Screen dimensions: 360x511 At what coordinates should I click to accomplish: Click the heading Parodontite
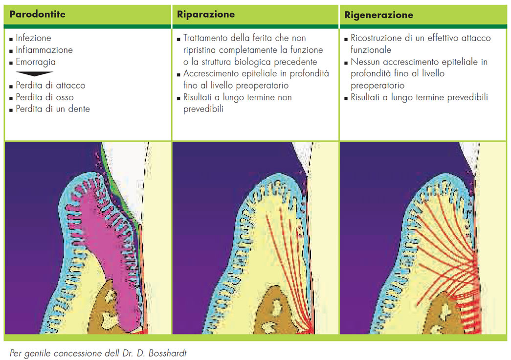point(37,14)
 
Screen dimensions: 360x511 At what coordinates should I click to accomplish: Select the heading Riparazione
point(206,14)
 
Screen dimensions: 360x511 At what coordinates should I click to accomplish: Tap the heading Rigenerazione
point(378,15)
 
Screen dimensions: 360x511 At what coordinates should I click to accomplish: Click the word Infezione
point(33,38)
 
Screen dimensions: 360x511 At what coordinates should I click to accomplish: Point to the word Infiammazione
point(44,50)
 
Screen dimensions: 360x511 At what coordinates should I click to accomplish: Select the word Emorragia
point(36,62)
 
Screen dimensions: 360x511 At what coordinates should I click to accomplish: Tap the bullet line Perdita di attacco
point(50,85)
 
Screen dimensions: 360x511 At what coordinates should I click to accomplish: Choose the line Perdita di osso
point(44,97)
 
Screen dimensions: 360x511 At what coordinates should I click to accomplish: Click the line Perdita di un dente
point(53,109)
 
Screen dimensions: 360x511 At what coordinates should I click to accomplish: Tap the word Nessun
point(364,62)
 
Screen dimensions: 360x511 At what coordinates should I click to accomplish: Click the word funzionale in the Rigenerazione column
point(371,50)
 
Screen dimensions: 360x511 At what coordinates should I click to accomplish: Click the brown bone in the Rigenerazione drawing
point(443,313)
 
